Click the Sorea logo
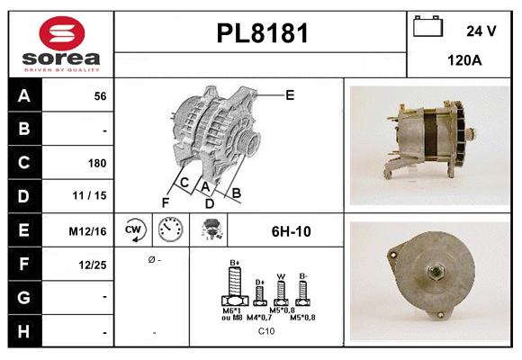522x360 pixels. coord(61,45)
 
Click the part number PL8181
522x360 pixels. coord(262,34)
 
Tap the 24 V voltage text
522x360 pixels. coord(481,31)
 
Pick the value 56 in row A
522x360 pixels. coord(99,95)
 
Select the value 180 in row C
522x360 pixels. coord(97,163)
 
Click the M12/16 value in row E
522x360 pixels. coord(89,231)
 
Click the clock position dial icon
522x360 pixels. coord(170,230)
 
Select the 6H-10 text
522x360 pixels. coord(291,231)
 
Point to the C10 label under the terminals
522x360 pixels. coord(266,332)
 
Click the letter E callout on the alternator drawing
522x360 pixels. coord(290,94)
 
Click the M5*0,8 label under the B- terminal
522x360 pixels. coord(302,318)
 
